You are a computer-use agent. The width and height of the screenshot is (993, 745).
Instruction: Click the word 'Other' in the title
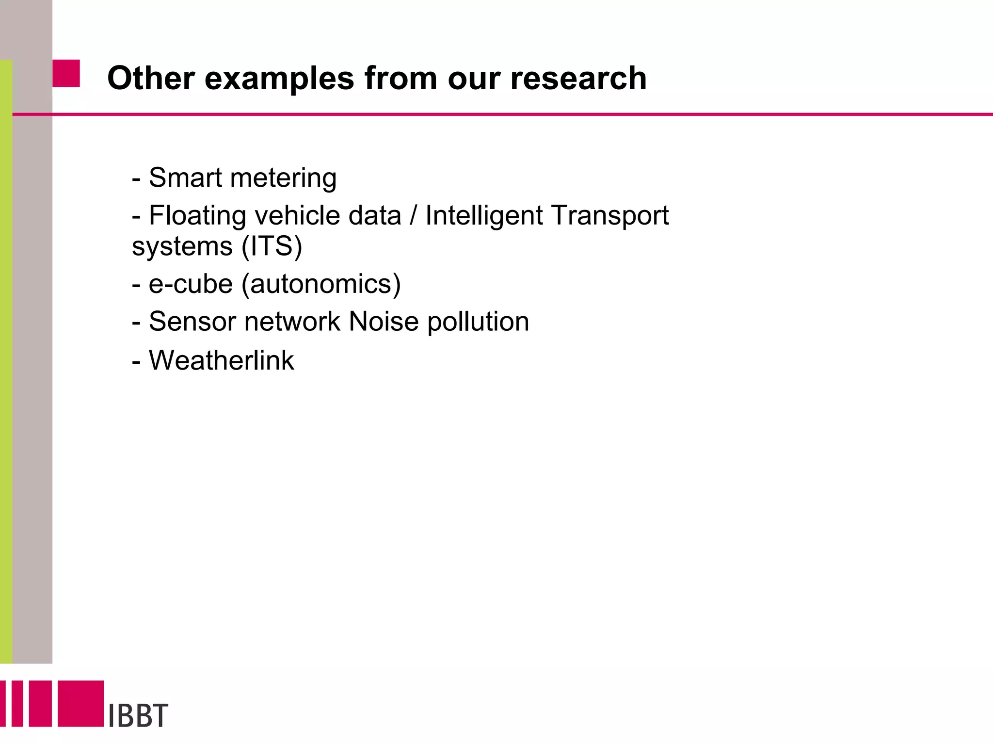[151, 78]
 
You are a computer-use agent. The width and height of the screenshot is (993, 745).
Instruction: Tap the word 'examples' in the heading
[279, 79]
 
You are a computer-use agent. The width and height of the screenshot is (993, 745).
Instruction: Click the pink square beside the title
[66, 73]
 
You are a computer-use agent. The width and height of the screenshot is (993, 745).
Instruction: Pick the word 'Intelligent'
[484, 216]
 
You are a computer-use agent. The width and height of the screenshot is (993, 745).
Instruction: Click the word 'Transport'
[610, 216]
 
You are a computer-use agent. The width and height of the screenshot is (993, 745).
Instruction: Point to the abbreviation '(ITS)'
[272, 246]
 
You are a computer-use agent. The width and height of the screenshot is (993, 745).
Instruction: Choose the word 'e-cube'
[191, 284]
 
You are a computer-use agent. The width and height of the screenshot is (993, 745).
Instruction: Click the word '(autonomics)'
[321, 284]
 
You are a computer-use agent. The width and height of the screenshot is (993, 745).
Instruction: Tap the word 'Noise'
[384, 322]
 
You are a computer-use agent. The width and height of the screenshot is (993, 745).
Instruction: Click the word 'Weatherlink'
[221, 360]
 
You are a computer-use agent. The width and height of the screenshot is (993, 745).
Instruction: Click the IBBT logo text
[138, 715]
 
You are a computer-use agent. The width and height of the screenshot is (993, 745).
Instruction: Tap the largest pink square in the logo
[81, 703]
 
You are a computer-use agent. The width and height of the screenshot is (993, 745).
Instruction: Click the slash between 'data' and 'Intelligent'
[413, 216]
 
